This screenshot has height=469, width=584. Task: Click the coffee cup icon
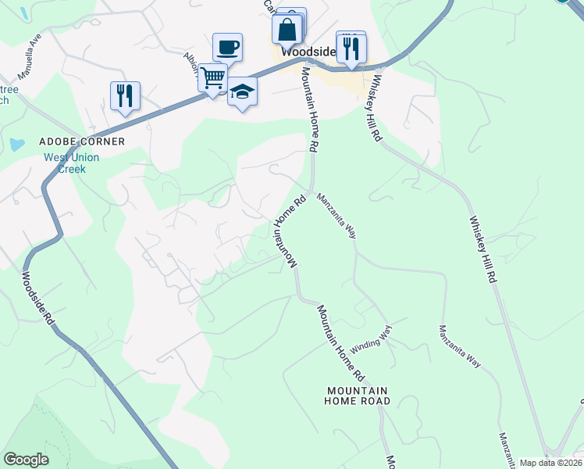click(227, 48)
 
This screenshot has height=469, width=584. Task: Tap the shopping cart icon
click(212, 78)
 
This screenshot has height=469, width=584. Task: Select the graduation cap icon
click(242, 92)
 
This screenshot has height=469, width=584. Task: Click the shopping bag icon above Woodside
click(287, 30)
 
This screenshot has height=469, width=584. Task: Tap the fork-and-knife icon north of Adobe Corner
click(125, 95)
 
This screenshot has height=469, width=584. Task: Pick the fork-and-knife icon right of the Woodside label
click(351, 48)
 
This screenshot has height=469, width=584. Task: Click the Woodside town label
click(308, 51)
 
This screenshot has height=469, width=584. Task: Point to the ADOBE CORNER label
click(83, 141)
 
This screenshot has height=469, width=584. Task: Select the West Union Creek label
click(71, 163)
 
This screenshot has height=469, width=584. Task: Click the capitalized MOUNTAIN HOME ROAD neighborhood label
click(358, 396)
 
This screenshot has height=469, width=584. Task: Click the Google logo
click(26, 460)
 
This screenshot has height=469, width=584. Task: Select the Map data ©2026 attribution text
click(551, 463)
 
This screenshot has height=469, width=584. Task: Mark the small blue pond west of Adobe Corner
click(16, 145)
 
